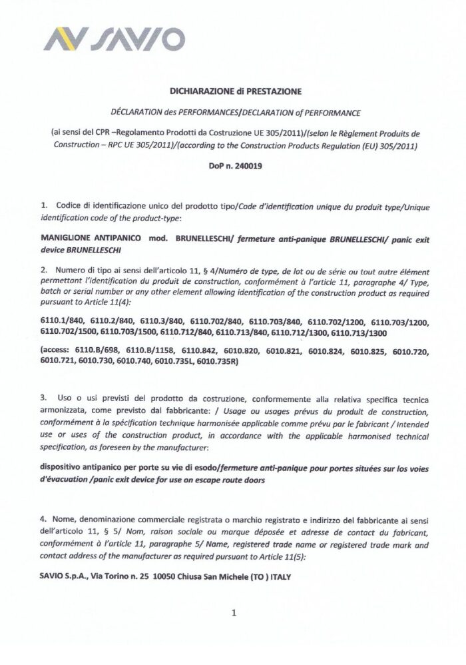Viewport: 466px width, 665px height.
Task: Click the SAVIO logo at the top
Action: [114, 39]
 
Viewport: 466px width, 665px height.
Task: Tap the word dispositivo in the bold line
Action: [62, 467]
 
